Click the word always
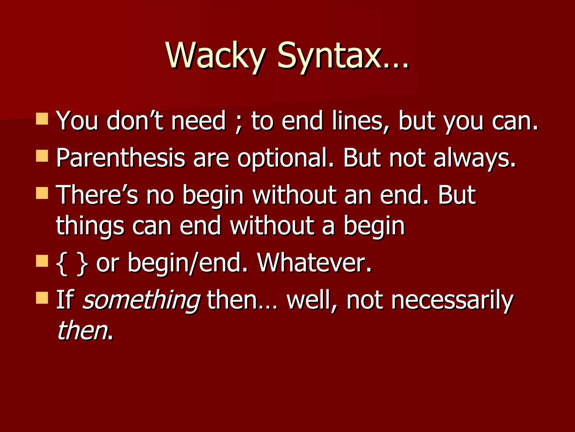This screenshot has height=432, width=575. pyautogui.click(x=474, y=158)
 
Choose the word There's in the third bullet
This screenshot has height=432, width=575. pyautogui.click(x=97, y=195)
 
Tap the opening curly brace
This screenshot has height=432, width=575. pyautogui.click(x=62, y=263)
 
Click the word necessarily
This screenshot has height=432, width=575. pyautogui.click(x=452, y=300)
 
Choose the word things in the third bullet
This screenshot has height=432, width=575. pyautogui.click(x=90, y=226)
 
